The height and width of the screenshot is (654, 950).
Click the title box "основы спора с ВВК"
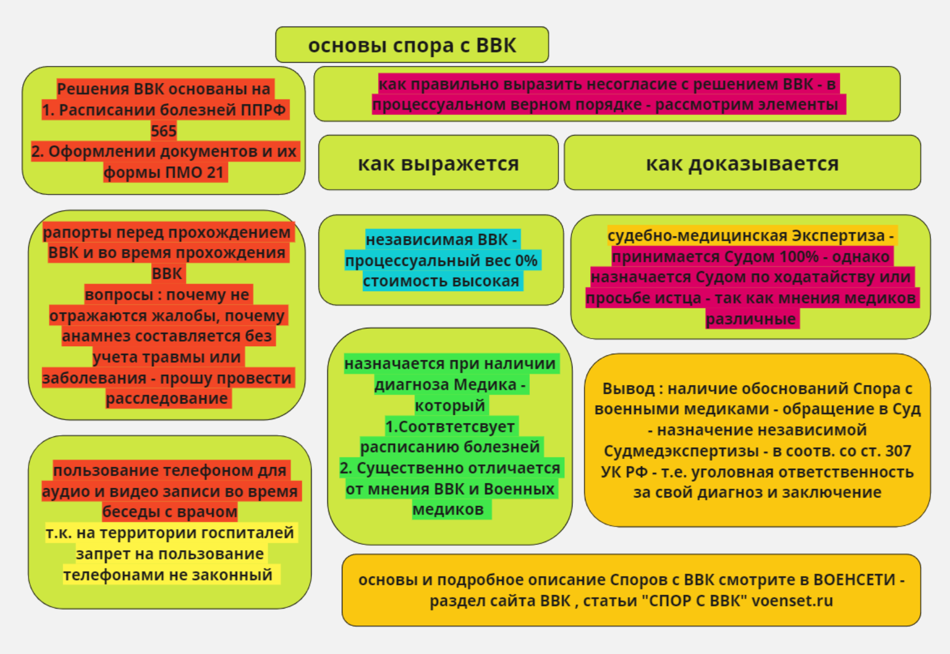pyautogui.click(x=412, y=45)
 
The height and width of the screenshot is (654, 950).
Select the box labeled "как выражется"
pyautogui.click(x=439, y=163)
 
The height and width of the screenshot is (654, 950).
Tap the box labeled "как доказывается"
pyautogui.click(x=743, y=163)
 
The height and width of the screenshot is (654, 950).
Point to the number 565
pyautogui.click(x=164, y=131)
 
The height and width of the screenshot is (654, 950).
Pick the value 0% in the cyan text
pyautogui.click(x=526, y=260)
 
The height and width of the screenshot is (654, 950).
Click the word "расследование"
pyautogui.click(x=167, y=399)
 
